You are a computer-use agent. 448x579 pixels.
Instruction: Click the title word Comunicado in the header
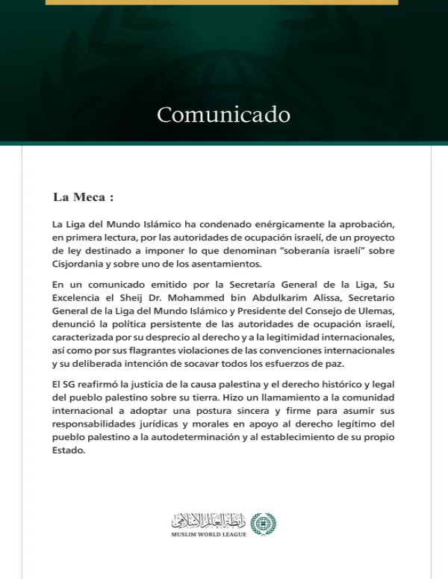(x=223, y=115)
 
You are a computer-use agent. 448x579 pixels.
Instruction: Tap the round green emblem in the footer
(x=263, y=524)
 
